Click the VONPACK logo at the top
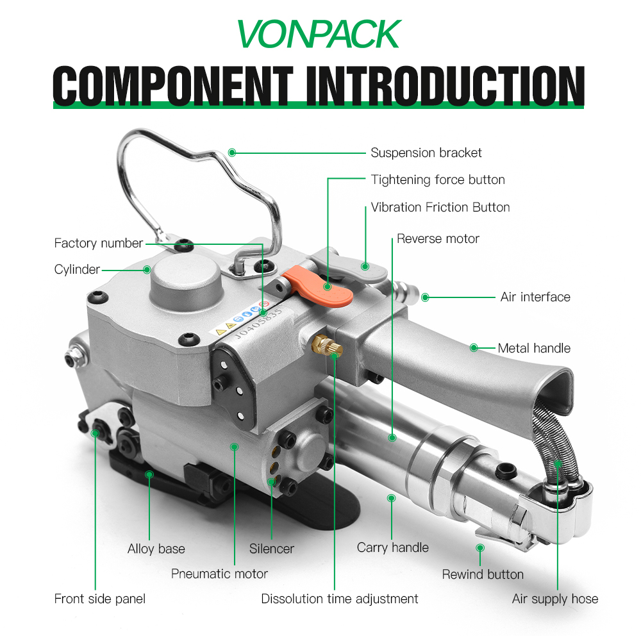[x=319, y=34]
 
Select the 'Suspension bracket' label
[x=426, y=153]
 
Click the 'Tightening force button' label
[x=438, y=180]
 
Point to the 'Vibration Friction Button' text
[x=440, y=207]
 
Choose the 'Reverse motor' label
[x=438, y=238]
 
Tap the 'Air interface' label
[x=535, y=297]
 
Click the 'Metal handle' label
[x=534, y=348]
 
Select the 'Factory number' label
[x=99, y=243]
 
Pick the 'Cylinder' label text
[x=77, y=269]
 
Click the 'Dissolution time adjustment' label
[x=339, y=599]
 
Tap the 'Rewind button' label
[x=483, y=574]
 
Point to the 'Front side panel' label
[x=100, y=599]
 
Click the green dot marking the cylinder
[x=147, y=270]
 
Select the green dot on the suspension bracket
[x=232, y=153]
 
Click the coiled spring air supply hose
[x=555, y=442]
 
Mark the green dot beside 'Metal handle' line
[x=474, y=348]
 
